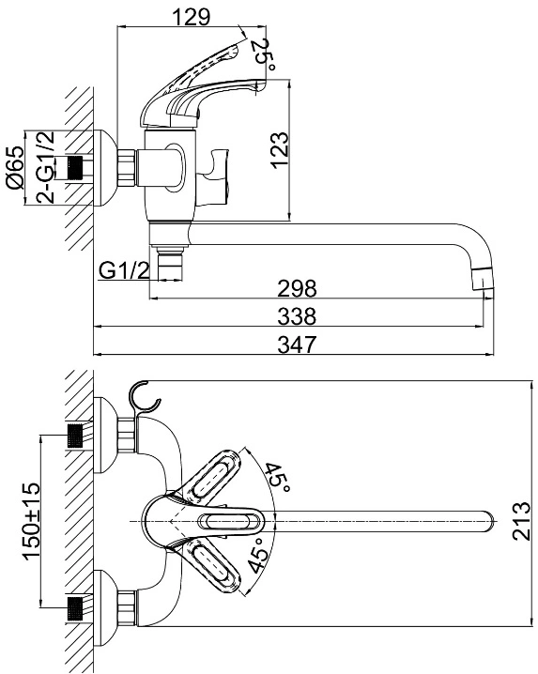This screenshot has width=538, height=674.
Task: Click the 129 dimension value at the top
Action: pos(191,17)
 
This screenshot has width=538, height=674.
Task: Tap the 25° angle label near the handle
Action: pos(262,55)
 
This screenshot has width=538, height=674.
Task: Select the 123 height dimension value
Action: pos(280,150)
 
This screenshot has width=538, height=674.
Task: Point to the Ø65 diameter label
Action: pos(15,168)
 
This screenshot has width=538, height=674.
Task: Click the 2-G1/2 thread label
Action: pos(46,167)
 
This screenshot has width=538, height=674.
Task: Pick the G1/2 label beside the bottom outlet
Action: pos(124,270)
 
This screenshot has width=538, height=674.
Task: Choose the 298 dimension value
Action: pos(297,288)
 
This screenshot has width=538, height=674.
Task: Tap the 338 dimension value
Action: pos(297,316)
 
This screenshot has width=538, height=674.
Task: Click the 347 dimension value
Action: pos(297,345)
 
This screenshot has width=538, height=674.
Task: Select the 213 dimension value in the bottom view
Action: pos(522,521)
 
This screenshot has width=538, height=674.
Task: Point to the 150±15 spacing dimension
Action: pos(31,521)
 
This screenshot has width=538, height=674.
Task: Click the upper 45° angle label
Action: pos(276,478)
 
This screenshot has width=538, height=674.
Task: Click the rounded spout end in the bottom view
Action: pos(488,521)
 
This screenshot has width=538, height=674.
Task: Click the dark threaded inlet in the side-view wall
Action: pos(75,168)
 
